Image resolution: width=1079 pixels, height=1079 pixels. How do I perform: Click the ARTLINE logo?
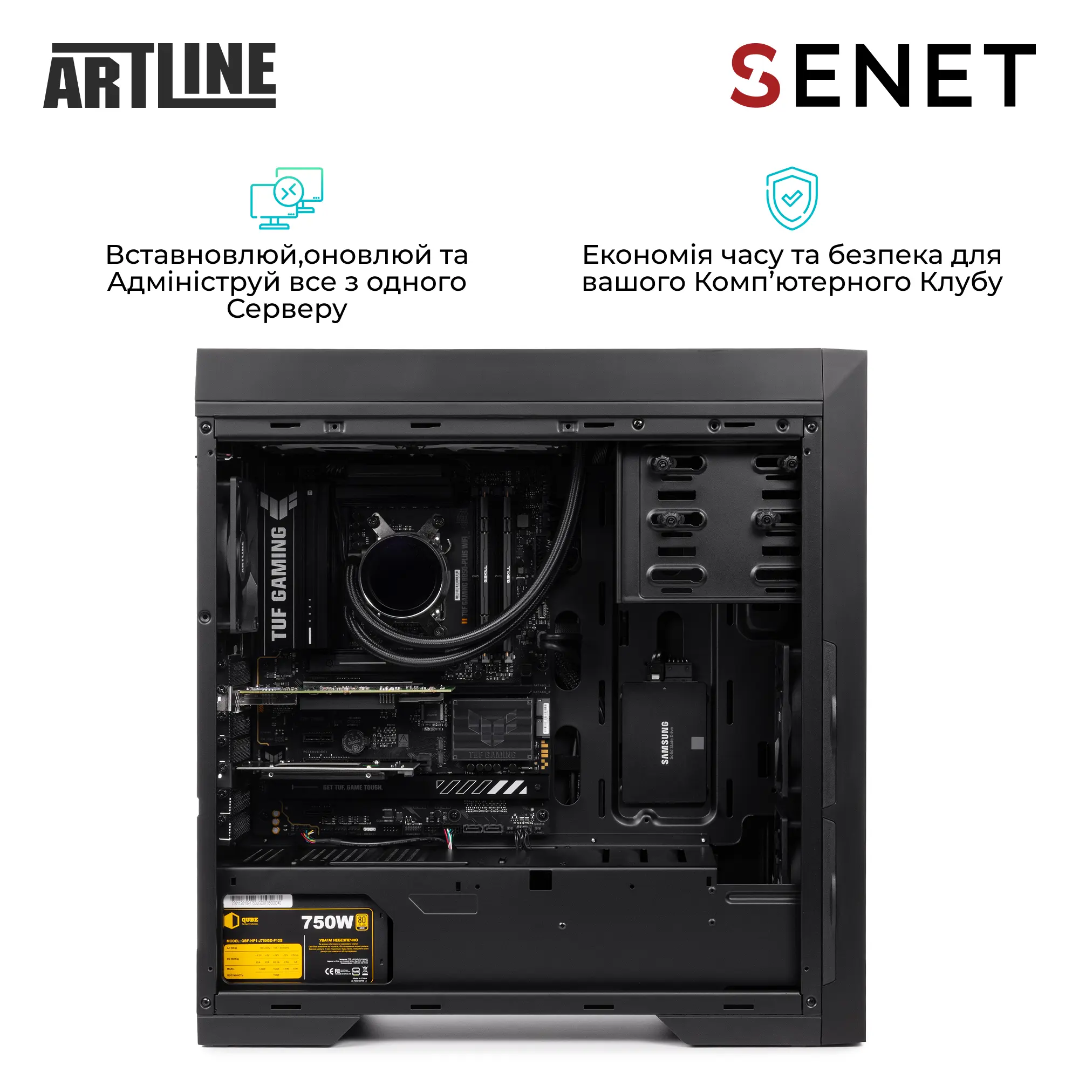pos(159,76)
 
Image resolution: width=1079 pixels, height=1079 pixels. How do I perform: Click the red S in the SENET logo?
pos(755,76)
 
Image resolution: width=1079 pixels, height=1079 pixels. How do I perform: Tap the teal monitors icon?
pos(286,198)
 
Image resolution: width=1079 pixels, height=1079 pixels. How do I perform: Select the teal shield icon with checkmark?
pos(791,197)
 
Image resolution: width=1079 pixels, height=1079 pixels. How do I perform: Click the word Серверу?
pos(286,309)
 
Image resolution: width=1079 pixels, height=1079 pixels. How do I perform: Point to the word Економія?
pos(647,255)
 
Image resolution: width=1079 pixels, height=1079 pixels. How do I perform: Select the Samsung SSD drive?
pos(664,742)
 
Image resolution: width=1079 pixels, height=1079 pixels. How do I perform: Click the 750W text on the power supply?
pos(327,922)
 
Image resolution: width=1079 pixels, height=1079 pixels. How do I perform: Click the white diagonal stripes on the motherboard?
pos(481,788)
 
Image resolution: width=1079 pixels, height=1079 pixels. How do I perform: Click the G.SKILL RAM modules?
pos(496,575)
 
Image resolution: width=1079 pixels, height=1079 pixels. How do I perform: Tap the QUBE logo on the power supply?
pos(242,920)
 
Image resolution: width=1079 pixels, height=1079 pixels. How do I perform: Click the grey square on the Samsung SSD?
pos(697,743)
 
